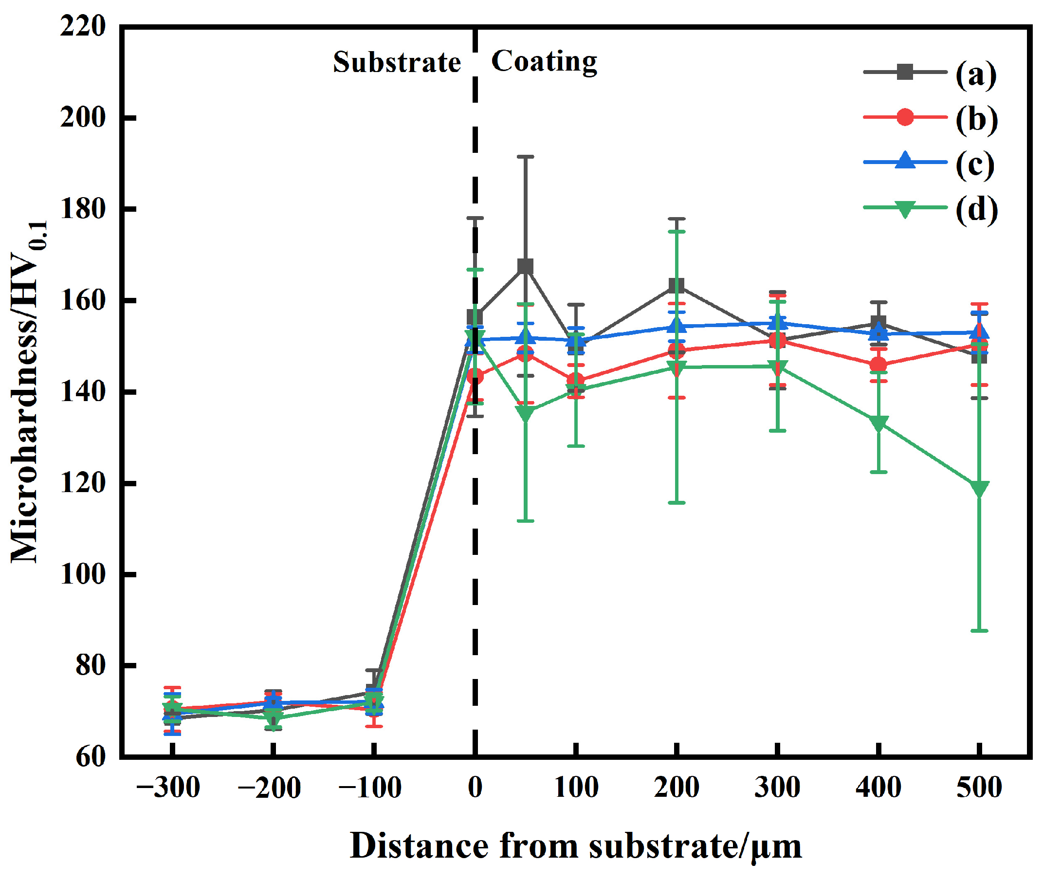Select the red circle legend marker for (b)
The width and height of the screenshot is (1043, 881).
(905, 117)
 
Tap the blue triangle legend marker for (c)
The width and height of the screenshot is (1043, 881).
(905, 161)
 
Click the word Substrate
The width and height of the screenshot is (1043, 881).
(397, 62)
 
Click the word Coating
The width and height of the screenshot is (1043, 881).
(544, 61)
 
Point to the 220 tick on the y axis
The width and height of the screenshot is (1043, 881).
(83, 26)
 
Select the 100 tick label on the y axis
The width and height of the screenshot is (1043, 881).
(83, 574)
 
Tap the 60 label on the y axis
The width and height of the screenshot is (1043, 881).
(91, 757)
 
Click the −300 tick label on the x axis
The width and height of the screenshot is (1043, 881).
(168, 788)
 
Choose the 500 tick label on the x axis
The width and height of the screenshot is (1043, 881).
(979, 788)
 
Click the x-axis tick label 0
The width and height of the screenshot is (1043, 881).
(475, 788)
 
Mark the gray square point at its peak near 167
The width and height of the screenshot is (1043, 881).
(525, 267)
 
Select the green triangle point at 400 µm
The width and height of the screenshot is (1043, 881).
(878, 422)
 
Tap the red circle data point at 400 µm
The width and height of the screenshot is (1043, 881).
(878, 365)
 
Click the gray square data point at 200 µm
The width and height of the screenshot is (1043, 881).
(676, 286)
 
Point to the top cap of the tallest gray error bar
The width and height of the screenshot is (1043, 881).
(525, 157)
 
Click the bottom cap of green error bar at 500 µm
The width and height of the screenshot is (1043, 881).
(979, 631)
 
